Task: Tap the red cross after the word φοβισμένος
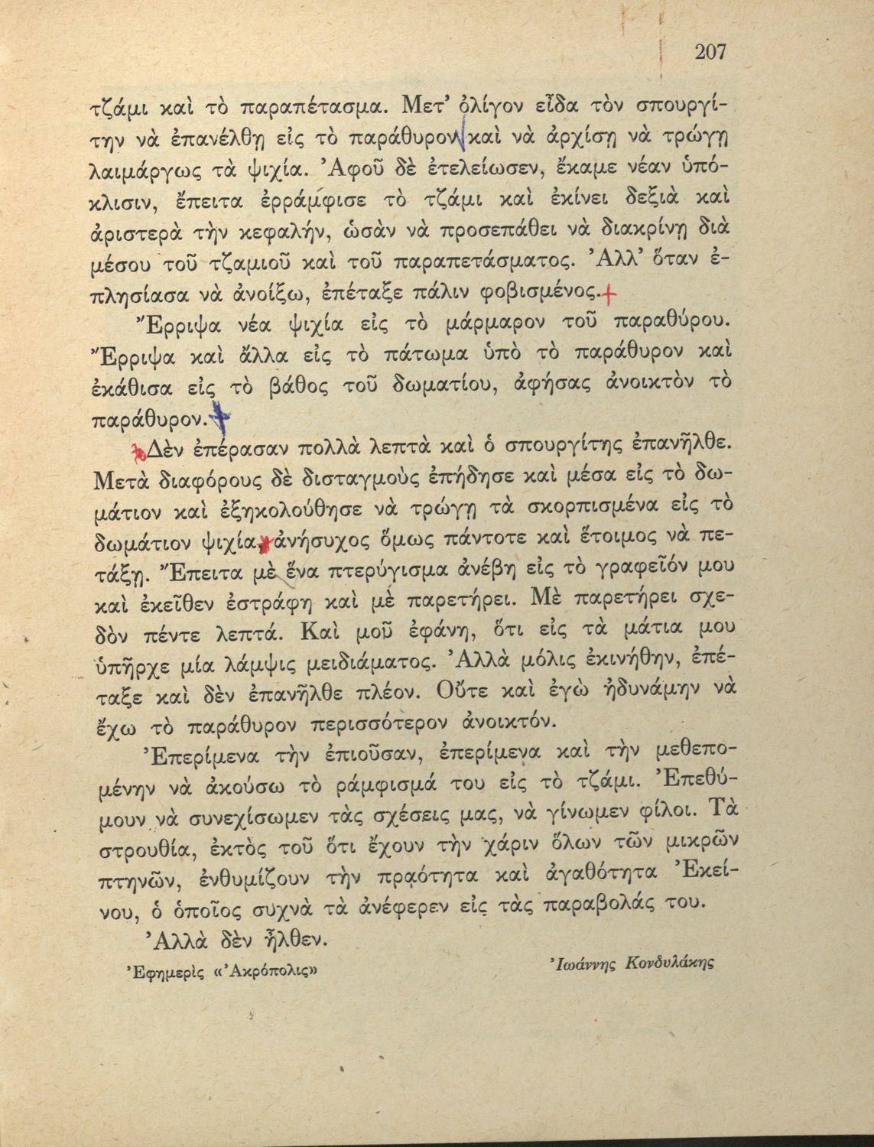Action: click(x=608, y=292)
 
